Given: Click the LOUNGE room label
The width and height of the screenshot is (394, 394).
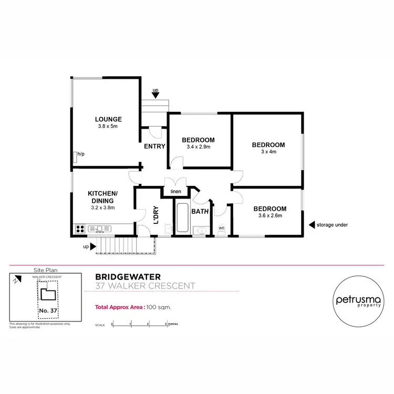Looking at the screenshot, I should coord(108,119).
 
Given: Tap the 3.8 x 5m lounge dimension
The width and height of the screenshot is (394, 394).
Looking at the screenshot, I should coord(108,127).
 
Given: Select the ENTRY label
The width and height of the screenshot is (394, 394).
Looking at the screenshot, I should coord(154,147).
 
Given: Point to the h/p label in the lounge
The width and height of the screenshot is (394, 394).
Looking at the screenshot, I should coord(81,154).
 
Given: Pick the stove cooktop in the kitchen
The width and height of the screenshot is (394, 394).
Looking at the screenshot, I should coord(80,229).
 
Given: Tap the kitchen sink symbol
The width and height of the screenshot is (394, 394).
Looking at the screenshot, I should coord(100,229).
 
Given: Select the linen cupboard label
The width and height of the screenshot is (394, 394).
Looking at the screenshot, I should coord(175,191).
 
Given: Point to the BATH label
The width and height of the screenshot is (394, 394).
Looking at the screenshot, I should coord(200,212).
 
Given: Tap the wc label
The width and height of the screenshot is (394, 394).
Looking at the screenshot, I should coord(221,228).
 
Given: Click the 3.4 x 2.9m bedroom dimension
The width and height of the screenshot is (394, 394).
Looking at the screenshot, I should coord(198,147).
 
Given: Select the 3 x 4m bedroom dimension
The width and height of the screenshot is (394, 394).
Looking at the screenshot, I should coord(268,152).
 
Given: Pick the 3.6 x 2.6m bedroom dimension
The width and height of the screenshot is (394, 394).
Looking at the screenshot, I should coord(272,215).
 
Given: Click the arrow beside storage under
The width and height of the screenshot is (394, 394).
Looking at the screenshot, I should coord(312,225).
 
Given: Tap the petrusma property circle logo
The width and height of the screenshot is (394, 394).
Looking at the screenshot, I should coord(356,302).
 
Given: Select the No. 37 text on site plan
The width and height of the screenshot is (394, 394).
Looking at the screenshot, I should coord(48,310).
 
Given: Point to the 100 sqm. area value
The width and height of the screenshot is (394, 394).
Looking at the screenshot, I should coord(158,308).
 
